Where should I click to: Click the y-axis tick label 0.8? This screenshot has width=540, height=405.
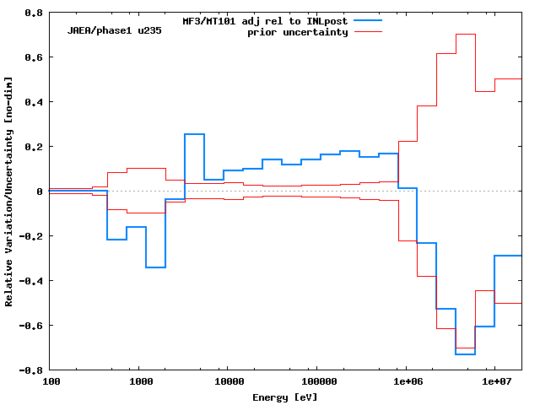34,13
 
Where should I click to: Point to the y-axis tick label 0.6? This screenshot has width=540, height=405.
34,57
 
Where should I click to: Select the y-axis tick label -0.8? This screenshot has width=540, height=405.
31,370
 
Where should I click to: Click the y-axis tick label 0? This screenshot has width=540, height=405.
40,192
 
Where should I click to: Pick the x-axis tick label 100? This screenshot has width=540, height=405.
51,381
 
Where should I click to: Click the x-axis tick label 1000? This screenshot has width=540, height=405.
140,381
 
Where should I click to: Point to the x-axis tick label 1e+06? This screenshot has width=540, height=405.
405,381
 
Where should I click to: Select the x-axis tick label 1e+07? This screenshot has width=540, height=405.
494,381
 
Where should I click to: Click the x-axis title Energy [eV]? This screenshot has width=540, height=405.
285,397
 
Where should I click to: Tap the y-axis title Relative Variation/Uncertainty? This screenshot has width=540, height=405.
9,192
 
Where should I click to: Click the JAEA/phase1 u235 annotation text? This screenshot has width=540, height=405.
114,30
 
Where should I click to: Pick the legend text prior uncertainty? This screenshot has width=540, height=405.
297,32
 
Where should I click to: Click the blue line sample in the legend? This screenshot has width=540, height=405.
369,19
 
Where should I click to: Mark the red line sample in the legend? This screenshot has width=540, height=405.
369,31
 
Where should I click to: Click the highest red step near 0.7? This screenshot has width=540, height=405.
466,35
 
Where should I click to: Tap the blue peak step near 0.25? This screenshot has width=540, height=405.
194,134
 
